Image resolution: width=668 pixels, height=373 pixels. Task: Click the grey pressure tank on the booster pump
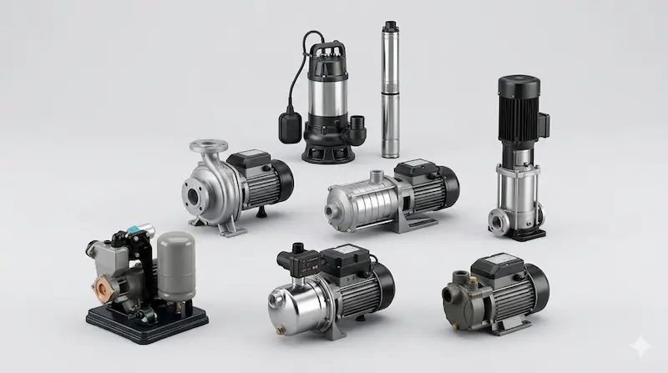click(x=176, y=265)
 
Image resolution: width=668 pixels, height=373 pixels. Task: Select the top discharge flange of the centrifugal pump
click(x=208, y=147)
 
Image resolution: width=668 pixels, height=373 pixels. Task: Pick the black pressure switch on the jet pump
click(x=300, y=258)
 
